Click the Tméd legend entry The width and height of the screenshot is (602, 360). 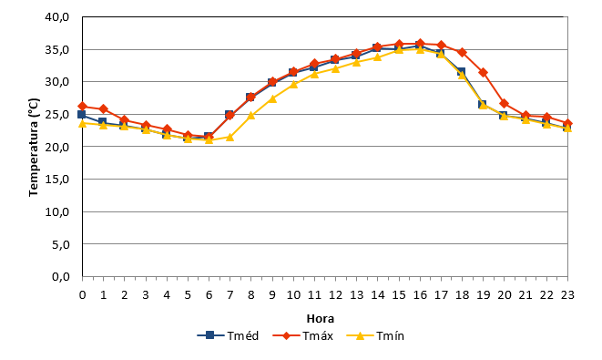(x=228, y=335)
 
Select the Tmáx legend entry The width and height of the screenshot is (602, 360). (x=303, y=335)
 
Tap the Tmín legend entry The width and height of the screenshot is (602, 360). (x=375, y=335)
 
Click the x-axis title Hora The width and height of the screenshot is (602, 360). (x=321, y=318)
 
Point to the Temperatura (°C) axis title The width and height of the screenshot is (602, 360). (x=34, y=147)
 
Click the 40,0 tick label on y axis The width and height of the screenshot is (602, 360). (x=56, y=17)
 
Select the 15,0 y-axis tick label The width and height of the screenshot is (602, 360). (x=56, y=179)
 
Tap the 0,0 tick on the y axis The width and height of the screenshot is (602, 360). (x=61, y=277)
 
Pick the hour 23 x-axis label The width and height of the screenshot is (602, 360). (x=567, y=294)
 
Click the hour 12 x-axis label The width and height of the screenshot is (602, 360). (x=335, y=294)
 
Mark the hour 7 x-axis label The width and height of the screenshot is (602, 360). (x=230, y=294)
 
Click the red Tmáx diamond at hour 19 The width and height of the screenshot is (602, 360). (x=484, y=73)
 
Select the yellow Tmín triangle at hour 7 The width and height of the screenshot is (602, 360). (x=230, y=137)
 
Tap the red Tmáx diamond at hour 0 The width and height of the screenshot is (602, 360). (x=82, y=106)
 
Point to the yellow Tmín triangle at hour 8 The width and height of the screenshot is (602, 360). (x=251, y=115)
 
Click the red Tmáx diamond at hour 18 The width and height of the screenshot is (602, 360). (x=463, y=52)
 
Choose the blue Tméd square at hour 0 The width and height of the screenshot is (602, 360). (x=81, y=115)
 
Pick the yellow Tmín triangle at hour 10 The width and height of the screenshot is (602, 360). (x=293, y=84)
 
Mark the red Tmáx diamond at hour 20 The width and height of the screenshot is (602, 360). (x=505, y=104)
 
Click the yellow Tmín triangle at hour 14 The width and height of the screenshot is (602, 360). (x=378, y=57)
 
